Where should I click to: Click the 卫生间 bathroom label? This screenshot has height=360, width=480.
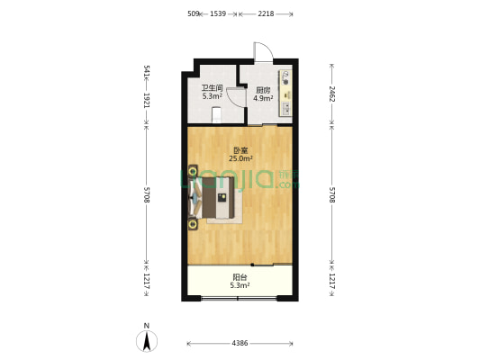click(x=212, y=88)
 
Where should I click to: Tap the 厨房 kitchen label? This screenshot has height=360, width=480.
click(x=263, y=90)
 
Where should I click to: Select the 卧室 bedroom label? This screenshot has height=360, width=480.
click(x=240, y=150)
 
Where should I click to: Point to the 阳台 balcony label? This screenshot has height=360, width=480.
click(x=240, y=277)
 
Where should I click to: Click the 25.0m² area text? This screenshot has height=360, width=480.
click(x=241, y=158)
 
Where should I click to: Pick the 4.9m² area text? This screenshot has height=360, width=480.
click(x=263, y=98)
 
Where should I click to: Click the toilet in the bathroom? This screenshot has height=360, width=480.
click(x=217, y=114)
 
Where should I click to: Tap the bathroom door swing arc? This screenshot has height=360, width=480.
click(x=236, y=97)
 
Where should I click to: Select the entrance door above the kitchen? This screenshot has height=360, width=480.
click(x=263, y=52)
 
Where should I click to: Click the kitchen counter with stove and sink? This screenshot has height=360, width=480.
click(x=285, y=93)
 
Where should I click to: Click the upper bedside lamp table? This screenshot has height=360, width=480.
click(x=193, y=171)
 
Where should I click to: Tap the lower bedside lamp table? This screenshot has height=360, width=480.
click(x=193, y=224)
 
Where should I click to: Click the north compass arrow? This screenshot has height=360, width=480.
click(x=147, y=340)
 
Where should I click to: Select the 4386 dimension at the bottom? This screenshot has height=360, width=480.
click(x=240, y=343)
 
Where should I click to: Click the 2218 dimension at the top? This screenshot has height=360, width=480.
click(x=266, y=13)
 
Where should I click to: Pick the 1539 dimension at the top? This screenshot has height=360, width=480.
click(x=218, y=13)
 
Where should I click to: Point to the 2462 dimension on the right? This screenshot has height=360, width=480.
click(x=332, y=94)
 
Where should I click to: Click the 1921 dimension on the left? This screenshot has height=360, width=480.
click(x=146, y=100)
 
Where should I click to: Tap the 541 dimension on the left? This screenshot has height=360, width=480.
click(x=146, y=71)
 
